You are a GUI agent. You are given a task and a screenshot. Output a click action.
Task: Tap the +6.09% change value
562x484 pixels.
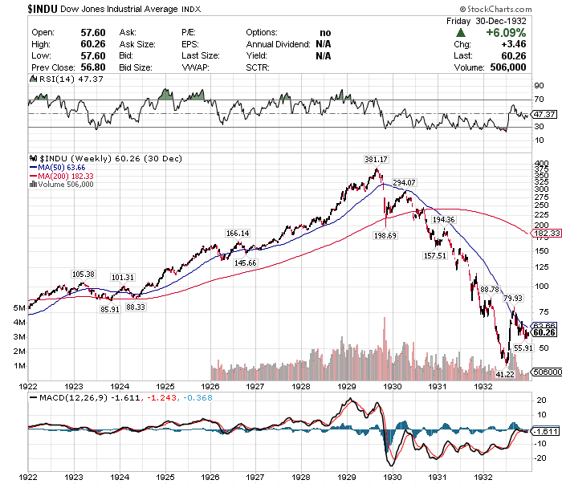point(506,33)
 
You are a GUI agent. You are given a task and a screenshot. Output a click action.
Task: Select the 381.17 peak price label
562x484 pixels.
point(375,159)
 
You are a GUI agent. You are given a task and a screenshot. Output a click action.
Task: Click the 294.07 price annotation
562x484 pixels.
point(405,183)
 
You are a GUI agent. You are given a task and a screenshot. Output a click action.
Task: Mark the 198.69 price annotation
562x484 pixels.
point(385,236)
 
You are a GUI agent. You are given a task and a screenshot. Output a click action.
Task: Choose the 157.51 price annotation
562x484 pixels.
point(434,255)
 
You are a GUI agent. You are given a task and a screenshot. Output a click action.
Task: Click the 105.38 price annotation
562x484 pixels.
point(83,275)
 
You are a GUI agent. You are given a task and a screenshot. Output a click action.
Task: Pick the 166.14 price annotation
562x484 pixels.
point(238,233)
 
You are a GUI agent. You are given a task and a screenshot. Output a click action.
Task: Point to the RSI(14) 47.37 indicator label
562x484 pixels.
point(63,79)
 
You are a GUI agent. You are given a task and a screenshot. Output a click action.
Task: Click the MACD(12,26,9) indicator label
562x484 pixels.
point(68,397)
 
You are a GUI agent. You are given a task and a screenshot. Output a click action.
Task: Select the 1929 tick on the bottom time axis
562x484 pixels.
point(347,476)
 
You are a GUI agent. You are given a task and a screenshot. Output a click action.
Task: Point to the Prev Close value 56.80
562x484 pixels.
point(95,67)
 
